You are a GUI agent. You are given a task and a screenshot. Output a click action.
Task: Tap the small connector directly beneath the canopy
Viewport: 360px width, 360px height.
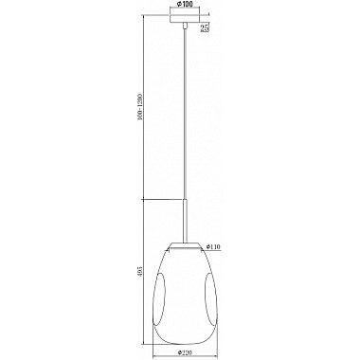pyautogui.click(x=181, y=29)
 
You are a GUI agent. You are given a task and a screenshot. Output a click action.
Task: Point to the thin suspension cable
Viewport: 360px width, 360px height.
pyautogui.click(x=182, y=114)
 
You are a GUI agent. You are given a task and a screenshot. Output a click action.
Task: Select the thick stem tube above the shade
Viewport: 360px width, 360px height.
pyautogui.click(x=183, y=219)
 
